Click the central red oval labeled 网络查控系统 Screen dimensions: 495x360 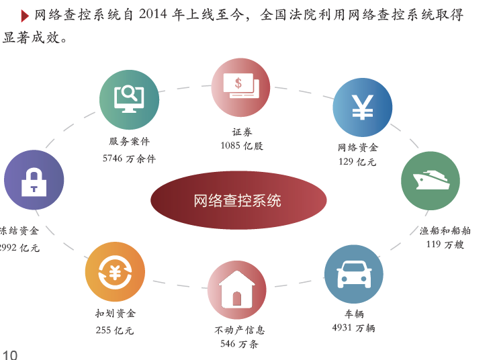[x=238, y=200]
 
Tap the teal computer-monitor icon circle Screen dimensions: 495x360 [x=129, y=100]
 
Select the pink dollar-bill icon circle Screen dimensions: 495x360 [x=240, y=87]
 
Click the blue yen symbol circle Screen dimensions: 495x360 [x=363, y=107]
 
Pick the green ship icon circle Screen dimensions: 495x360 [x=431, y=181]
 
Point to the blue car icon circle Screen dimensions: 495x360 [x=353, y=274]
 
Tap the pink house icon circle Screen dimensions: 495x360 [x=237, y=290]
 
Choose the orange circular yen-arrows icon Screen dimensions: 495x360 [x=115, y=271]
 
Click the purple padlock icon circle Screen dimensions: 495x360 [x=34, y=180]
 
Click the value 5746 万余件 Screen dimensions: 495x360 [x=129, y=159]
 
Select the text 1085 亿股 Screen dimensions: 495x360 [x=242, y=146]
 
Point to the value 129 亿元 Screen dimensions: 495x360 [x=357, y=162]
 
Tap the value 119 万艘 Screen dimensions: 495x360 [x=445, y=244]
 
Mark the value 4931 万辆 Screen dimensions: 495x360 [x=353, y=328]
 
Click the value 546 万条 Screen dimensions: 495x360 [x=239, y=344]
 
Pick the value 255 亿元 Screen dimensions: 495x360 [x=115, y=330]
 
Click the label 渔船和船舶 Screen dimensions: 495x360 [x=445, y=230]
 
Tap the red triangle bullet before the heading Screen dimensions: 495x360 [x=25, y=16]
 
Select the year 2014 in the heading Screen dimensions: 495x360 [x=152, y=14]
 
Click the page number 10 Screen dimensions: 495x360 [x=10, y=355]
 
